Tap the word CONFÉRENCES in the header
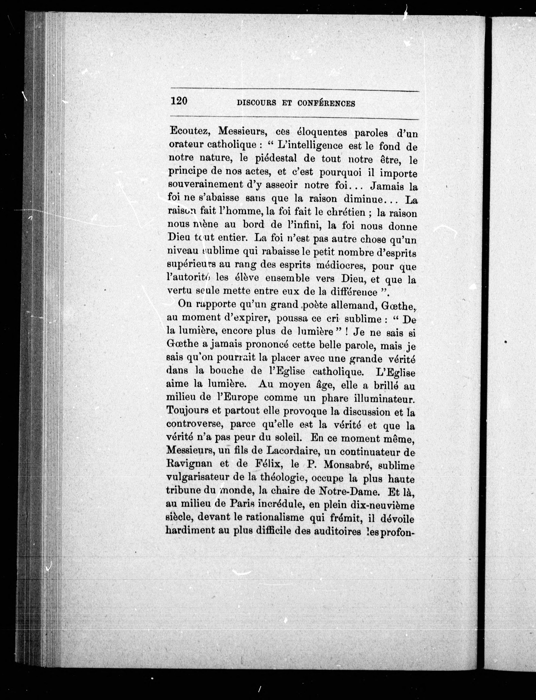326,103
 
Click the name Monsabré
346,465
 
